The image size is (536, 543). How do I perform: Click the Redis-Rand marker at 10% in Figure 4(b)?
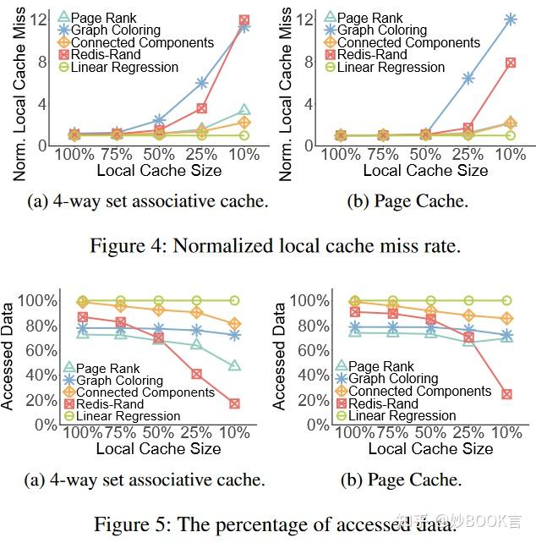pyautogui.click(x=511, y=63)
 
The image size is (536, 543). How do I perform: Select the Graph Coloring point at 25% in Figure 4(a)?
pyautogui.click(x=202, y=83)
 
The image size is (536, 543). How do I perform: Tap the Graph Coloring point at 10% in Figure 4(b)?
pyautogui.click(x=511, y=19)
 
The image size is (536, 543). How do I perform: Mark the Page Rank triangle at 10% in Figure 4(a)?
pyautogui.click(x=244, y=110)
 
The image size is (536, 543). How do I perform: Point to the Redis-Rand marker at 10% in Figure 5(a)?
pyautogui.click(x=234, y=403)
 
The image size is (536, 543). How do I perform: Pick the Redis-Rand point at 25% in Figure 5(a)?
pyautogui.click(x=196, y=373)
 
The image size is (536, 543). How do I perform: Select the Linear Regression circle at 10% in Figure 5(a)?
pyautogui.click(x=234, y=300)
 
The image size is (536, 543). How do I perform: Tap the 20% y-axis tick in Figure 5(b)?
pyautogui.click(x=310, y=399)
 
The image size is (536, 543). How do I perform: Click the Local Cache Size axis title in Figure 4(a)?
pyautogui.click(x=159, y=171)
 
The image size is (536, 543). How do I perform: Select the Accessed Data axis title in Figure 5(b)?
pyautogui.click(x=279, y=355)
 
